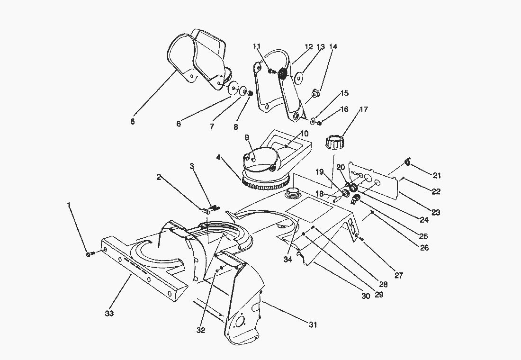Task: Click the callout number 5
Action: pyautogui.click(x=133, y=121)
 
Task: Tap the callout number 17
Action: pyautogui.click(x=364, y=109)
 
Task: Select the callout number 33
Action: pyautogui.click(x=109, y=313)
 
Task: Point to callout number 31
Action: pyautogui.click(x=313, y=324)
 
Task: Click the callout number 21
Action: pyautogui.click(x=436, y=175)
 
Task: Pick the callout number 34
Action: pyautogui.click(x=288, y=260)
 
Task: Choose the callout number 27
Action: pyautogui.click(x=399, y=275)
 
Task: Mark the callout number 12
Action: pyautogui.click(x=309, y=47)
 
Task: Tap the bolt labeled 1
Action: pyautogui.click(x=90, y=254)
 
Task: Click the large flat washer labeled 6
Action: pyautogui.click(x=234, y=88)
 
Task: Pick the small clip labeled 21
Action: pyautogui.click(x=407, y=162)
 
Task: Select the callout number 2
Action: pyautogui.click(x=159, y=177)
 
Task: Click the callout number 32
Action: pyautogui.click(x=201, y=330)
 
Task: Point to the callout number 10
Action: pyautogui.click(x=304, y=134)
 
